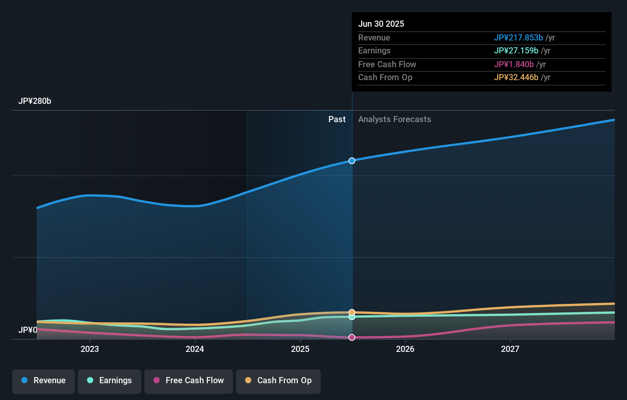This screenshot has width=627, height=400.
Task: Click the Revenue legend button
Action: (44, 381)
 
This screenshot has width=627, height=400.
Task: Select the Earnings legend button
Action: (110, 381)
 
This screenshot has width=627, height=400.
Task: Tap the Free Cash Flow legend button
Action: (189, 381)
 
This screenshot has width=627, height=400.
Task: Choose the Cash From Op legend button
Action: (278, 381)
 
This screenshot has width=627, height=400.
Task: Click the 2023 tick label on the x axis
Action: (90, 349)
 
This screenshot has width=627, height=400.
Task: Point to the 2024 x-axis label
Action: (195, 349)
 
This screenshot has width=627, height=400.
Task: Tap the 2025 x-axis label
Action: (300, 349)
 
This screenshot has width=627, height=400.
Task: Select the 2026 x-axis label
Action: (405, 349)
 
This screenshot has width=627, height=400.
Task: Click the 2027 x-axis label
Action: (510, 349)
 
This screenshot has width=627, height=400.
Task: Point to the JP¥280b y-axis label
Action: (35, 101)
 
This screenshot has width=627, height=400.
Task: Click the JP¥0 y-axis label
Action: (28, 330)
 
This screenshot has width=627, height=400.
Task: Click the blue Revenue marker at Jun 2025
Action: (352, 161)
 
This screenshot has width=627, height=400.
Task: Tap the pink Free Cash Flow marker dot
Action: (352, 337)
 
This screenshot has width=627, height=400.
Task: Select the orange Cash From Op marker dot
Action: (352, 312)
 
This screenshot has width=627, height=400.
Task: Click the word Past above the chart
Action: (337, 119)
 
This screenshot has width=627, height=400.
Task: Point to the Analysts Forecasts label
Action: (394, 119)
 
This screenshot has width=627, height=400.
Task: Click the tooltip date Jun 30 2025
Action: (381, 24)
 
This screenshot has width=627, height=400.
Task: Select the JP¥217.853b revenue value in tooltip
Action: (518, 38)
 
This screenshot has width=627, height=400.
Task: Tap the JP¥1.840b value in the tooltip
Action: (514, 65)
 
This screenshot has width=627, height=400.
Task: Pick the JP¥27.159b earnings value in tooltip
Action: (516, 51)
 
